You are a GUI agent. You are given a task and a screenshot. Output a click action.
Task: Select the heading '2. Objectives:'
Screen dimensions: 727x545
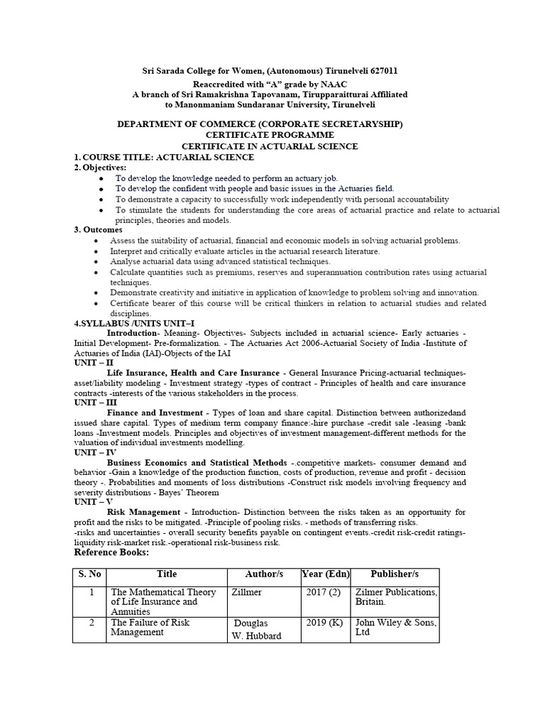101,167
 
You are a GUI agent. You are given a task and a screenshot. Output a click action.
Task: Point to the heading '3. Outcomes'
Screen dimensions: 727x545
99,229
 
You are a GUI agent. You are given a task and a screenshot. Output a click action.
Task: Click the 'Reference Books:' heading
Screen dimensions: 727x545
112,552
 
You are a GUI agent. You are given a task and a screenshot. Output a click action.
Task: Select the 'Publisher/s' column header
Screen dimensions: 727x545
395,574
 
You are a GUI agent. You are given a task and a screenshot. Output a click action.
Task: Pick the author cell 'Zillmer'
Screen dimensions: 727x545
246,591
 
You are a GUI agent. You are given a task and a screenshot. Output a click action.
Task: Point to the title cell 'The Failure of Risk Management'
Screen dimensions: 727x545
150,628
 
